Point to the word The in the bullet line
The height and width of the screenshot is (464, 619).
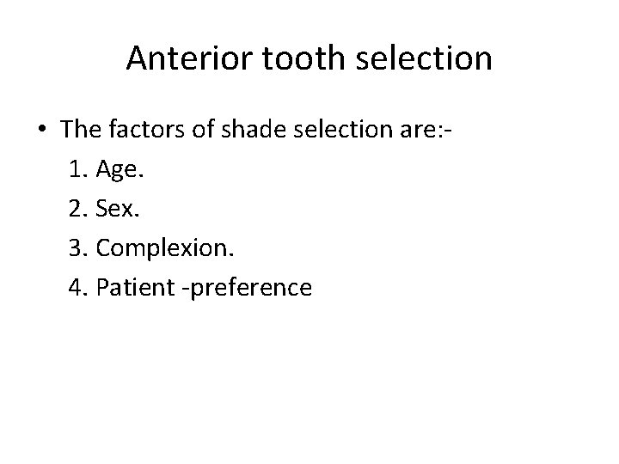(x=80, y=130)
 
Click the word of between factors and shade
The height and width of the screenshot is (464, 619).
(x=207, y=130)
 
